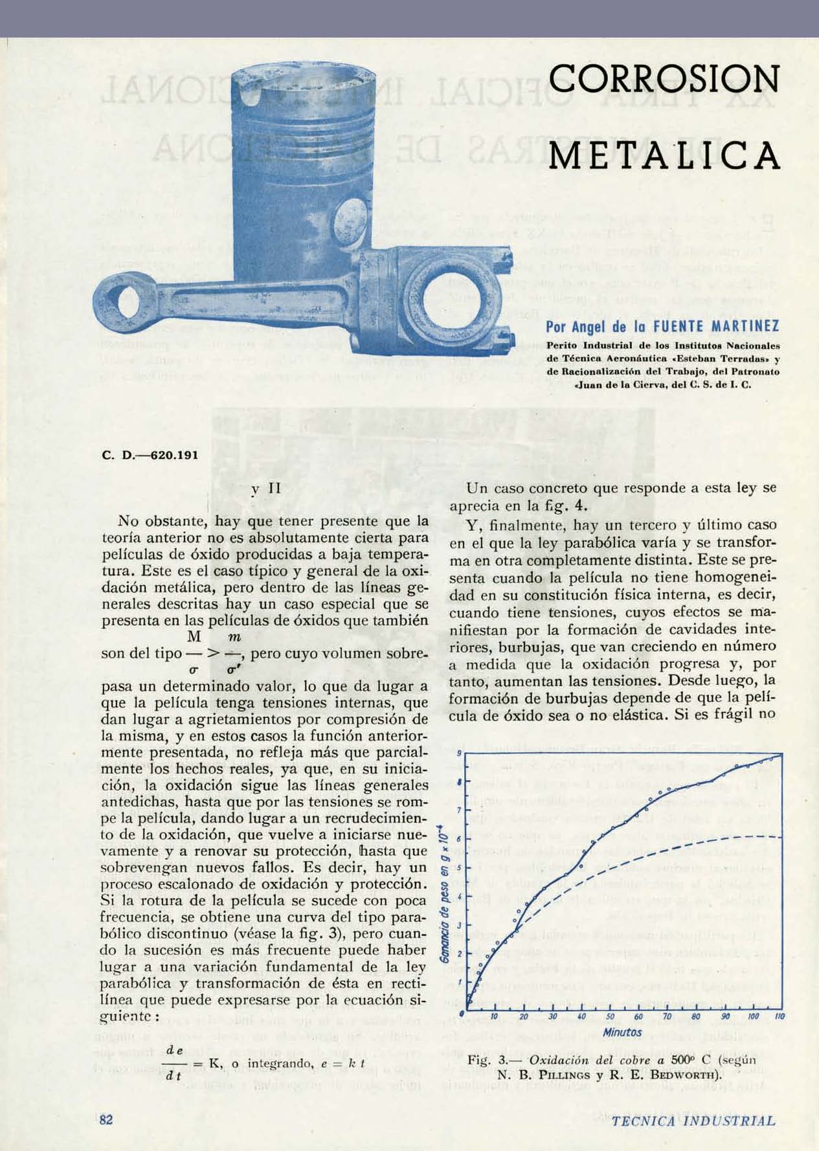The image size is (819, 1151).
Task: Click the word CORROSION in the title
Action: coord(663,80)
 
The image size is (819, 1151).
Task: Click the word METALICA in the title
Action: coord(663,155)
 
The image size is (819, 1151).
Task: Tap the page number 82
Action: coord(107,1119)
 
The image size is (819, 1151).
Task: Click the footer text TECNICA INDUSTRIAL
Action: coord(692,1121)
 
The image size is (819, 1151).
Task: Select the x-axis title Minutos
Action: coord(622,1033)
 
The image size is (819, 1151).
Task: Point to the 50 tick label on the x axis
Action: coord(610,1017)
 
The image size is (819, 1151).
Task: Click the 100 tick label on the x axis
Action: coord(753,1017)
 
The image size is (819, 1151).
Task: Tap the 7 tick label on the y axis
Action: coord(459,810)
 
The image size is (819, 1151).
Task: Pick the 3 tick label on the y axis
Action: coord(459,925)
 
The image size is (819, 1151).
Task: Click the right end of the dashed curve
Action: coord(781,837)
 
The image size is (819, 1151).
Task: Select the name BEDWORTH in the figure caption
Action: coord(693,1075)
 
